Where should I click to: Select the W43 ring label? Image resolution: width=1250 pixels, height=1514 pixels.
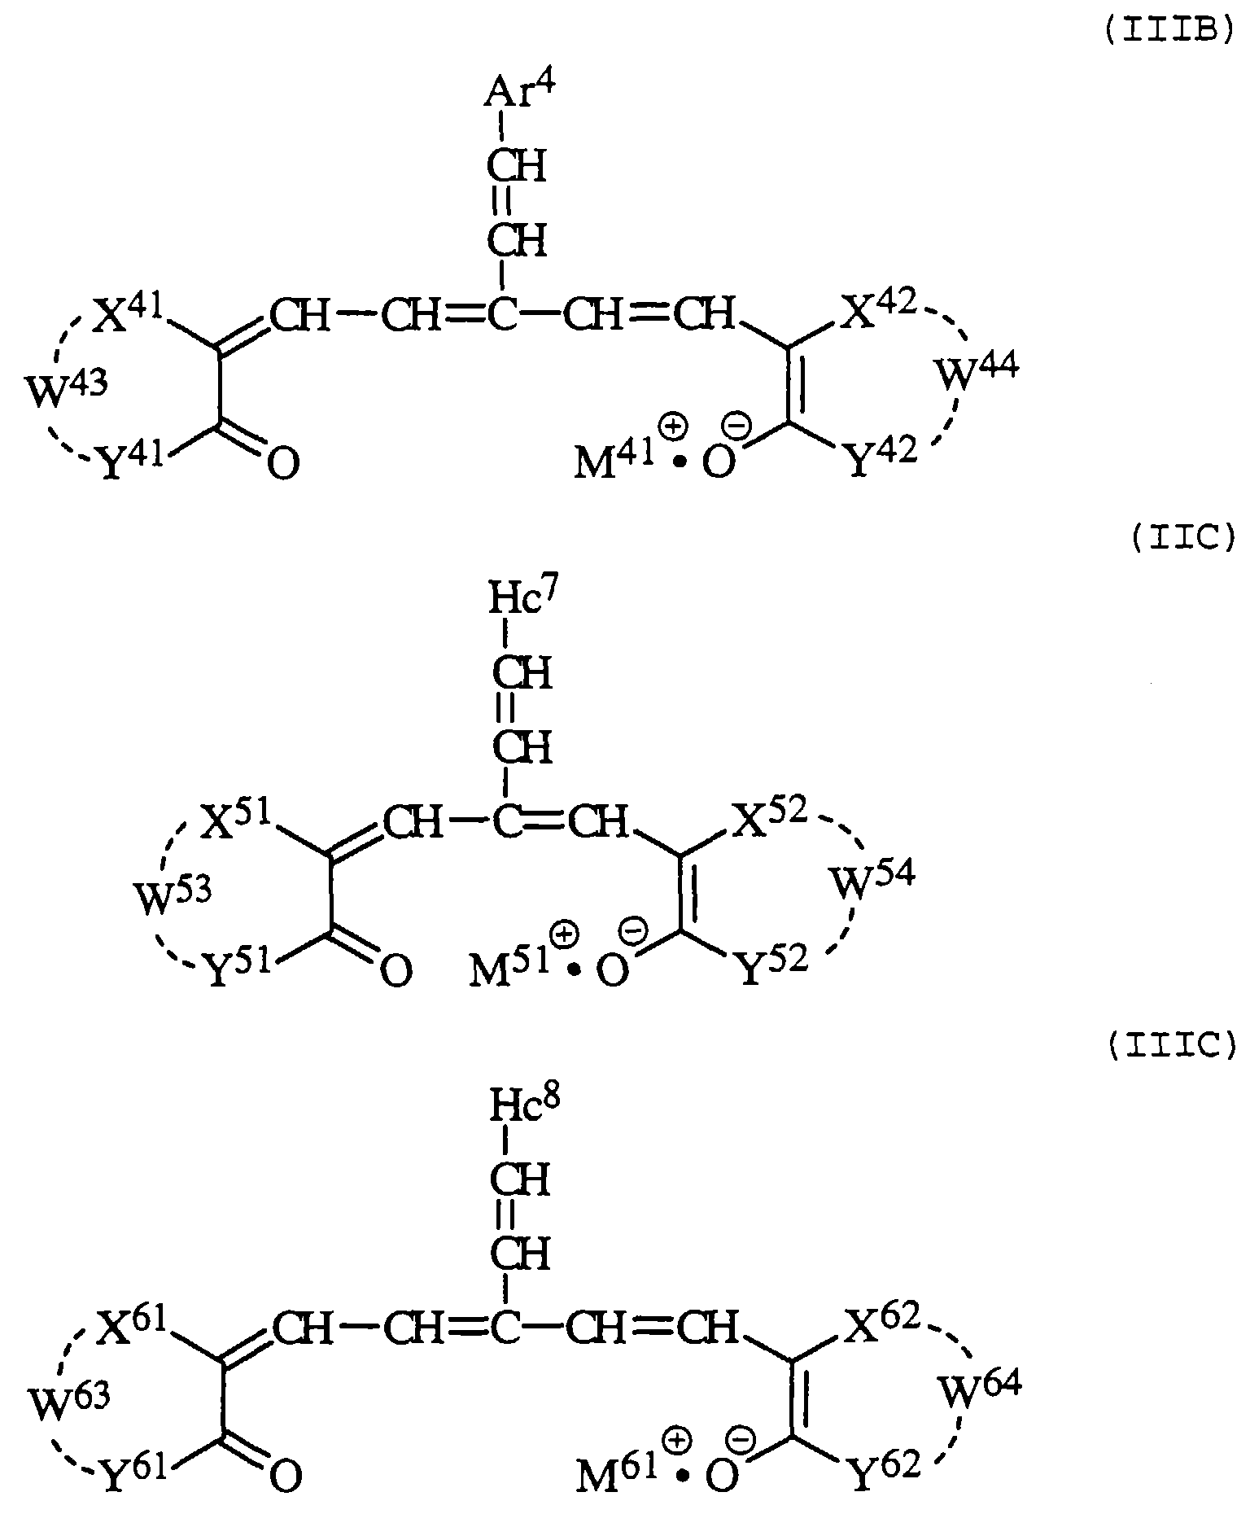pos(65,389)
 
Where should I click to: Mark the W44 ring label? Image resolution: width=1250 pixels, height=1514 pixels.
pos(976,373)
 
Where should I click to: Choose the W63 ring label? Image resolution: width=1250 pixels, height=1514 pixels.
pos(68,1403)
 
